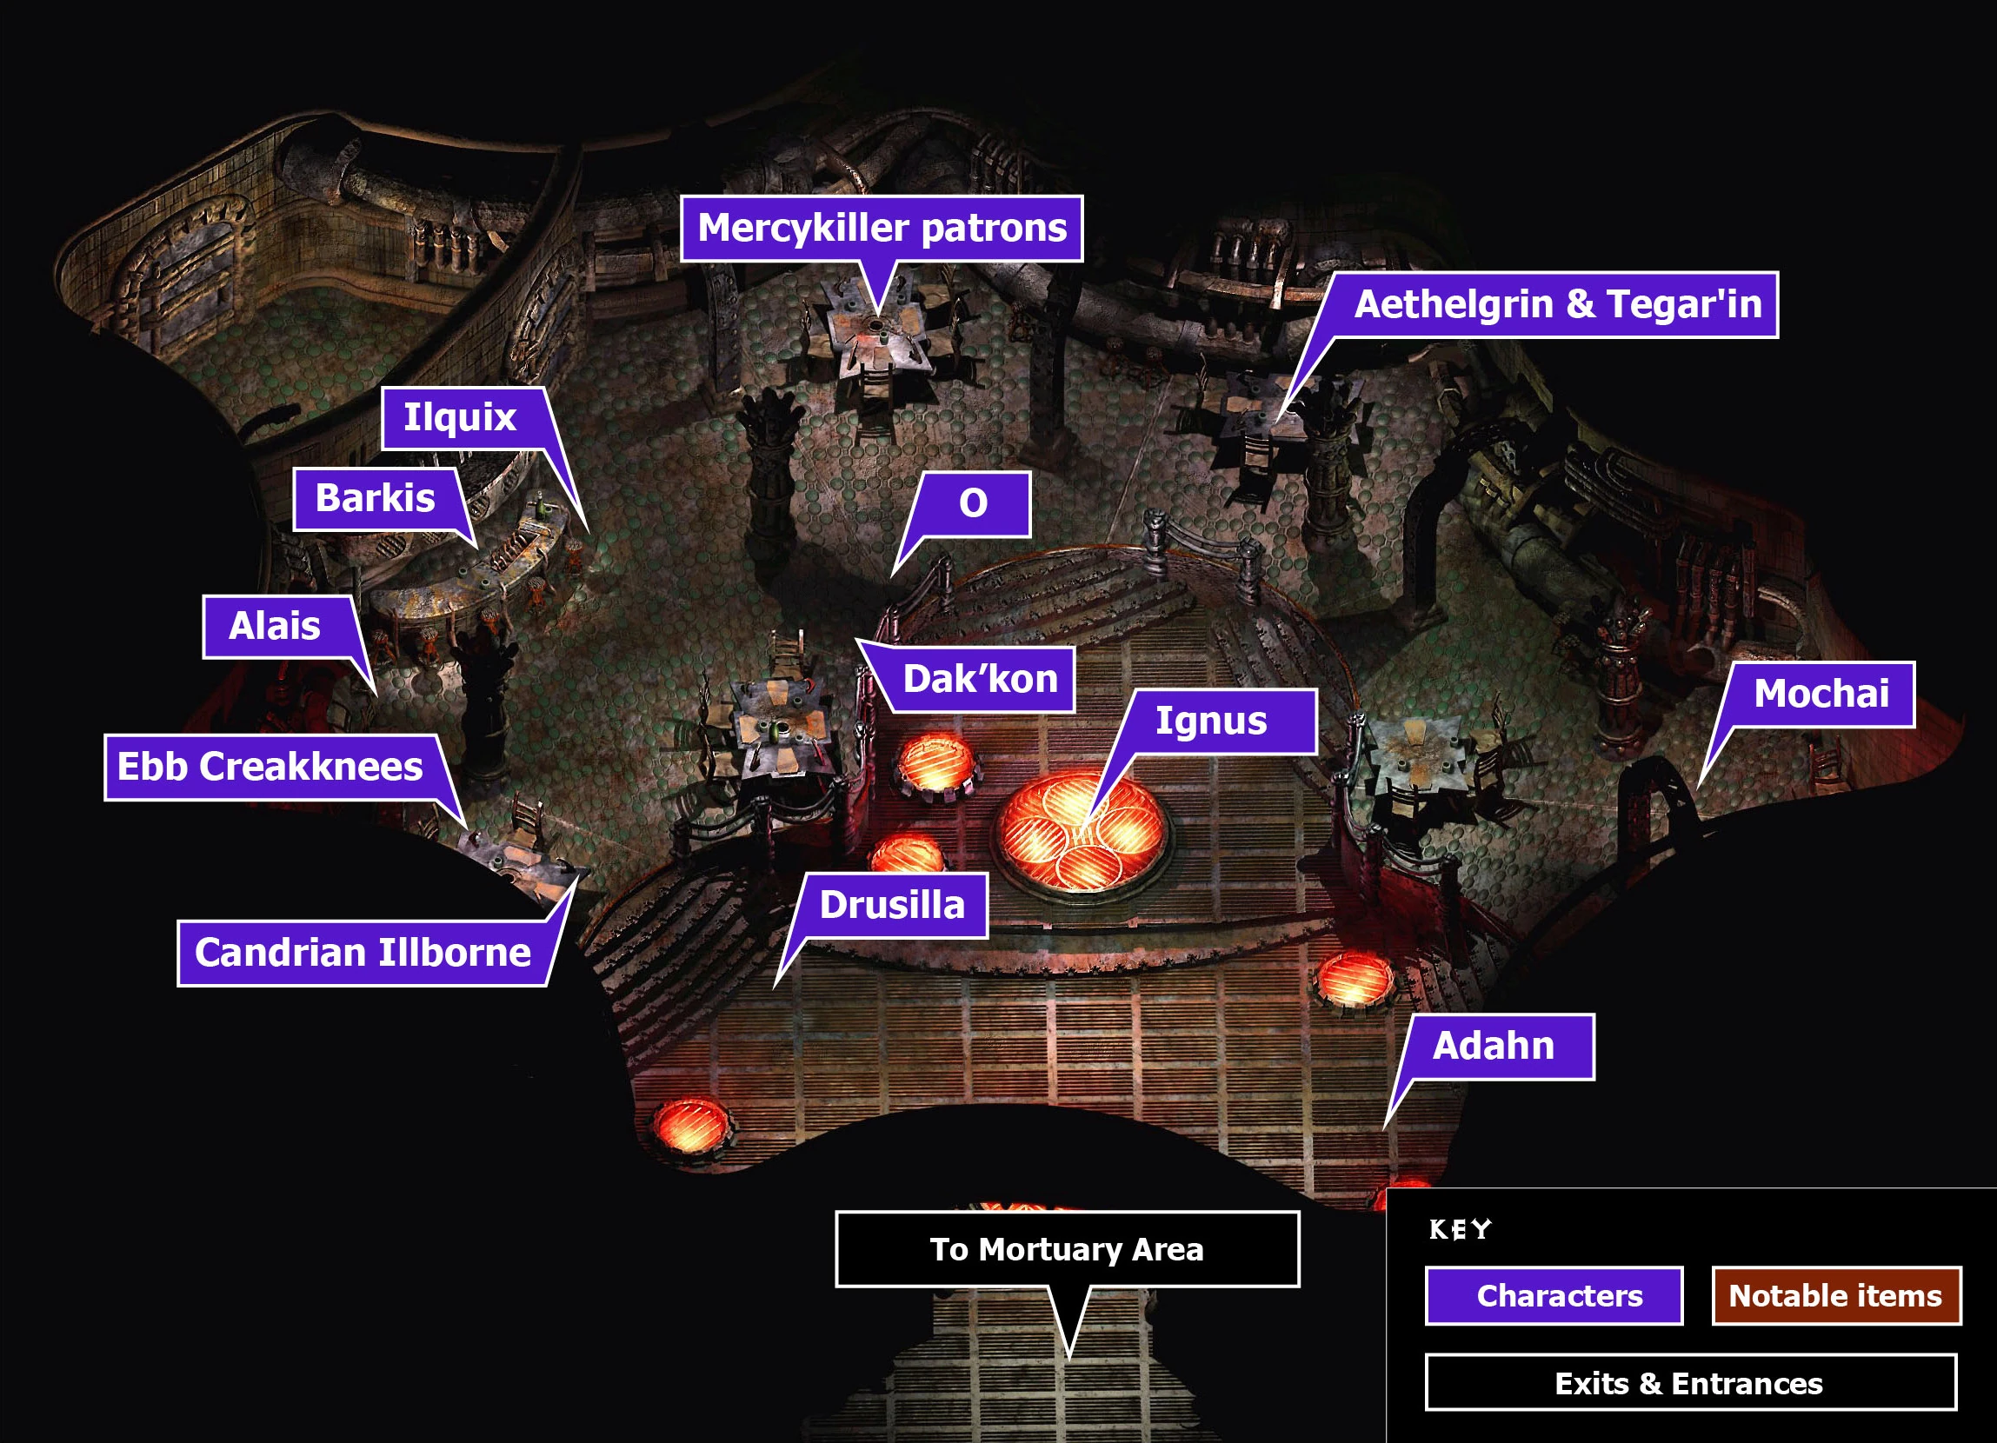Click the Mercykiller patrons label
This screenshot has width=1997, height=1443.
coord(882,228)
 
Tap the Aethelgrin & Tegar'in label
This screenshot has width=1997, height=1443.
coord(1557,304)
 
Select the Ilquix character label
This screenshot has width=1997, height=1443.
coord(461,417)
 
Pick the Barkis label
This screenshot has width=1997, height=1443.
coord(376,498)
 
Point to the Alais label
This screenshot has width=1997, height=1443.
coord(276,626)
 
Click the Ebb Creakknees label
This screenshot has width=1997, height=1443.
coord(270,767)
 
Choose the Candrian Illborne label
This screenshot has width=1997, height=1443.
coord(363,953)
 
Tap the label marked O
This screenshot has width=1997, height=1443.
coord(973,503)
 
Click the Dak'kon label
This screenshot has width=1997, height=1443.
coord(980,679)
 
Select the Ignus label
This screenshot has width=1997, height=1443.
coord(1211,721)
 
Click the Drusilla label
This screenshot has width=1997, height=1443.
coord(892,905)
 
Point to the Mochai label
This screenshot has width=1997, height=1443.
coord(1821,694)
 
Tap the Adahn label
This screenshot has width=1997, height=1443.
coord(1494,1046)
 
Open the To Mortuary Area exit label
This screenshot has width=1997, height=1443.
coord(1066,1249)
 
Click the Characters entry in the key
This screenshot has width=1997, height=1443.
coord(1554,1296)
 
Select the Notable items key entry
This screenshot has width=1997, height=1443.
coord(1836,1296)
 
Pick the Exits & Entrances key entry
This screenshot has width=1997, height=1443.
coord(1690,1384)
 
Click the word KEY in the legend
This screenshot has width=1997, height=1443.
coord(1460,1229)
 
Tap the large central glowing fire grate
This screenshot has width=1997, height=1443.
coord(1082,831)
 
